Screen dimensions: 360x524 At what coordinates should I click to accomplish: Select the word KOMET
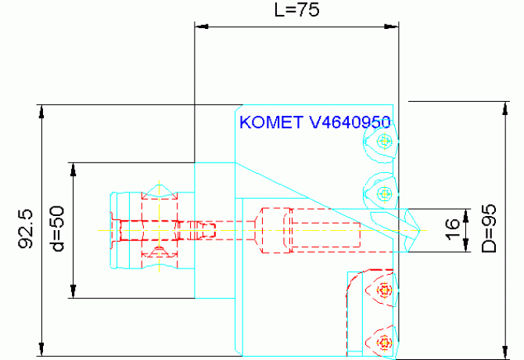(271, 123)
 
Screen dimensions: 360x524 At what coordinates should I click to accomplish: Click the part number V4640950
(350, 123)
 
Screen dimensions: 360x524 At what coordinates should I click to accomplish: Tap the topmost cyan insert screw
(383, 142)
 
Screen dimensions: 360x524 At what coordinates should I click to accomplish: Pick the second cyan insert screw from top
(383, 193)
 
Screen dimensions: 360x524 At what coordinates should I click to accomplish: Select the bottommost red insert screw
(384, 342)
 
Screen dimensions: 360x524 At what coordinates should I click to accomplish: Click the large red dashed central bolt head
(274, 230)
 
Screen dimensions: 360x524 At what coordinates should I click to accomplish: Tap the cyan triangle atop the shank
(161, 189)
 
